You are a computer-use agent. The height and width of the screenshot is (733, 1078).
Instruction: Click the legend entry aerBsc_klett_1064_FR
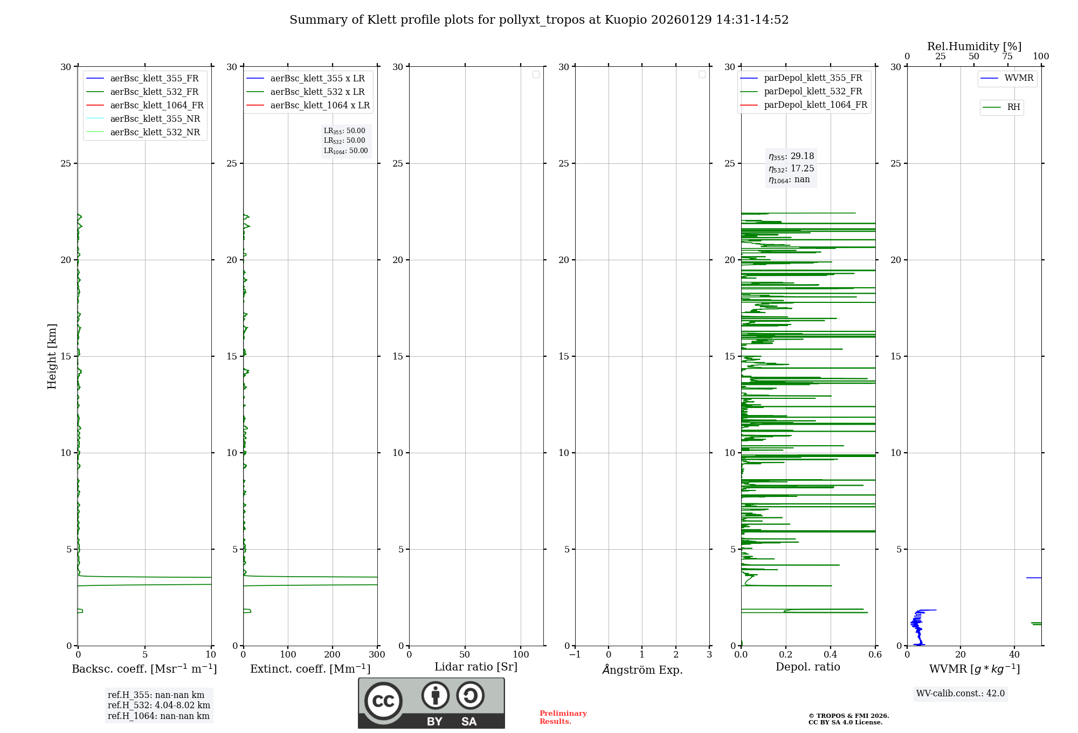point(157,106)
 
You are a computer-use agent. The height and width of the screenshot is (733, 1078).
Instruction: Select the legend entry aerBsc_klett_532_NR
point(155,133)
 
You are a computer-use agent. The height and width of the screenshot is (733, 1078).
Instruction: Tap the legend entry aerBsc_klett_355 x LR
point(317,79)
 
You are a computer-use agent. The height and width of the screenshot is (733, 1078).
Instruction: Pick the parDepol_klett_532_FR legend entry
point(813,92)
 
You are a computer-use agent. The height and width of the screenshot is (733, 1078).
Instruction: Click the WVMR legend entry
point(1019,78)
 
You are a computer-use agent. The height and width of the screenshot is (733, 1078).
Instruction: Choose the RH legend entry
point(1013,107)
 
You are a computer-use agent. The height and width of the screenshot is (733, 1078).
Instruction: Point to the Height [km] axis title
point(52,356)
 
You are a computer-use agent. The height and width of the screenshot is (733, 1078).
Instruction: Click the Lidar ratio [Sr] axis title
point(476,667)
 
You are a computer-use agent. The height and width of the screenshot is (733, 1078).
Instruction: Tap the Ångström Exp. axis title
point(642,669)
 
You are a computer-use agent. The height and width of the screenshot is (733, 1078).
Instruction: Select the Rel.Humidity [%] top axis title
point(974,46)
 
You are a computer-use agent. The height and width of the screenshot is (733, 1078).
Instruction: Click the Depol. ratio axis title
point(807,667)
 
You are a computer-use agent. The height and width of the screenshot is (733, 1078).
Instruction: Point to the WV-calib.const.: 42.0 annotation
point(960,694)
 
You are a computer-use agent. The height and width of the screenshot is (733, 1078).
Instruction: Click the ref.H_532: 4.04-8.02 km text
point(159,706)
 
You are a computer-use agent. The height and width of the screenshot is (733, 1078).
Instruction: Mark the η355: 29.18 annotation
point(791,156)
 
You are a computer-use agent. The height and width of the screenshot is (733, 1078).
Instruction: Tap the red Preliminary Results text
point(563,717)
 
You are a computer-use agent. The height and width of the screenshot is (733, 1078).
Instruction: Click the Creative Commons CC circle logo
point(383,701)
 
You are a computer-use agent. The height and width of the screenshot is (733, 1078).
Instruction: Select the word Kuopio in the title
point(626,20)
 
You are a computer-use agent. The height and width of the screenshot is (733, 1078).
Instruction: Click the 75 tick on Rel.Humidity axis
point(1007,57)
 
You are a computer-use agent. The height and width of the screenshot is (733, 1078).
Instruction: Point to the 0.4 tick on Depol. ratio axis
point(831,655)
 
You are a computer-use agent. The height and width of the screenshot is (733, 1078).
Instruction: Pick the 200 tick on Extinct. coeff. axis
point(333,655)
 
